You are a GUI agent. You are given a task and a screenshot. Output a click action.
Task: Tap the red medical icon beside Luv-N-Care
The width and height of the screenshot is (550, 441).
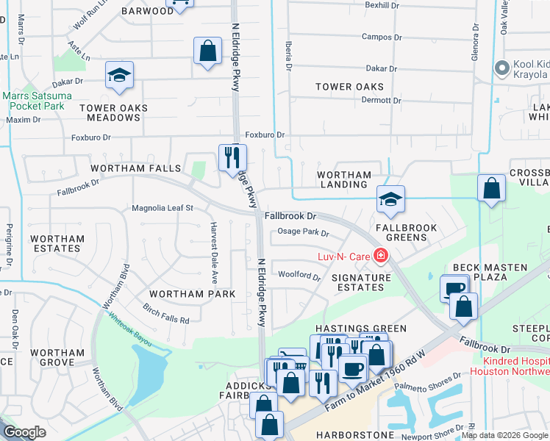[x=381, y=256]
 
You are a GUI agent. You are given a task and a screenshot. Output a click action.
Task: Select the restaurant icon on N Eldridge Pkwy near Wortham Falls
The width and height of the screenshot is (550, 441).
[x=232, y=157]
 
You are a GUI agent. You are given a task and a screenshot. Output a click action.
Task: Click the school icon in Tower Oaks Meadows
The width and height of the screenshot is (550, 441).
[x=119, y=76]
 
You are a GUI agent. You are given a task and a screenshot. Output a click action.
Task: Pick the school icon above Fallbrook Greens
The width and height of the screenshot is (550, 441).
[x=391, y=199]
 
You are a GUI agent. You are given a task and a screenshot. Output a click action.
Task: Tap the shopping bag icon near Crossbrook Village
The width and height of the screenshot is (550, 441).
[x=491, y=188]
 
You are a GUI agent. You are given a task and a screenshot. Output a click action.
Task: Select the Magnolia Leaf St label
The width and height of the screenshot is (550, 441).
[x=162, y=208]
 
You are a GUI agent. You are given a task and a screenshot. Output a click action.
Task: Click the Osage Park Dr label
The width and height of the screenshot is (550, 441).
[x=303, y=233]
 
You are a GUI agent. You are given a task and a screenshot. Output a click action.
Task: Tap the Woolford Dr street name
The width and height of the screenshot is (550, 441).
[x=299, y=276]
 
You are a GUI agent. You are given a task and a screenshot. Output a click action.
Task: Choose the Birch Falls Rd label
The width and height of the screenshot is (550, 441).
[x=166, y=314]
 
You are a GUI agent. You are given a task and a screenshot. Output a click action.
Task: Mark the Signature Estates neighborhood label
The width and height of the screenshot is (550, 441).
[x=361, y=283]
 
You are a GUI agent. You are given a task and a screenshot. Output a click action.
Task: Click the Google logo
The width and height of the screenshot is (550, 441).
[x=25, y=432]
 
